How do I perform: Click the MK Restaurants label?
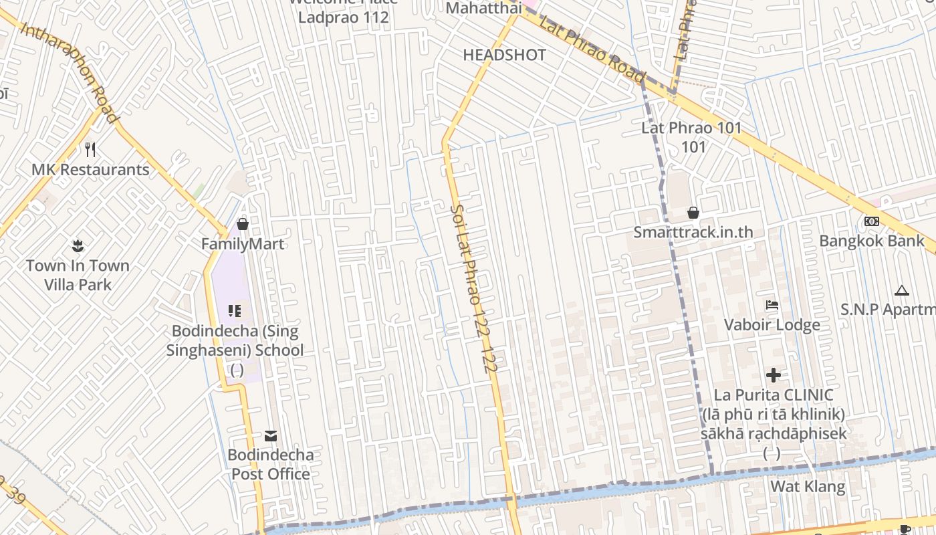point(90,169)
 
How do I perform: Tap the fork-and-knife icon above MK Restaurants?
point(90,149)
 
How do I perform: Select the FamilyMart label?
point(243,244)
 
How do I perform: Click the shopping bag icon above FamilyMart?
point(243,223)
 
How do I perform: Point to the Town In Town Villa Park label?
point(78,275)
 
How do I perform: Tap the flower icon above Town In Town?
point(78,245)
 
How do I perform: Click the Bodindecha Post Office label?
point(270,464)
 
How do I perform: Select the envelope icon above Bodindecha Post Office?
point(270,436)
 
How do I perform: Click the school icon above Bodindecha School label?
point(234,310)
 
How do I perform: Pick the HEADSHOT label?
point(504,55)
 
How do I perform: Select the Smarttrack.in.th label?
point(693,232)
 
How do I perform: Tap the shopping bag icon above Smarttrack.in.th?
point(693,213)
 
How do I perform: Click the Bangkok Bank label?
point(872,241)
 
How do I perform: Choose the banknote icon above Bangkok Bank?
point(872,221)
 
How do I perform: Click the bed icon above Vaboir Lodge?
point(772,306)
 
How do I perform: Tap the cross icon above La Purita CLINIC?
point(774,374)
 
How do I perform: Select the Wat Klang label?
point(808,486)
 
